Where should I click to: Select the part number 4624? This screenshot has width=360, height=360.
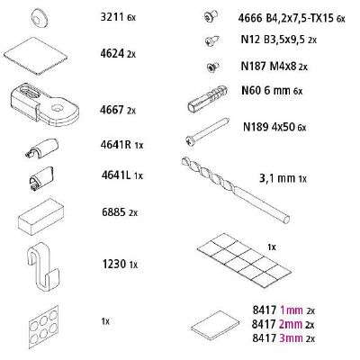112,54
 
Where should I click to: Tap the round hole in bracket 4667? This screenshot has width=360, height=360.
57,107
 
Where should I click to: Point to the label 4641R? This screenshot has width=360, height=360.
116,145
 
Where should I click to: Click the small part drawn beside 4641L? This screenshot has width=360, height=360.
41,177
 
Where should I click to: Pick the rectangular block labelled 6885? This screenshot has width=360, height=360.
40,216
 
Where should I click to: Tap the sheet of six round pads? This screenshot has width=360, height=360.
44,325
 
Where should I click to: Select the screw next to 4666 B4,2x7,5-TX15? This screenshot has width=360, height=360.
211,16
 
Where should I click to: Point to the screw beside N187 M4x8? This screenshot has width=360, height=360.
213,67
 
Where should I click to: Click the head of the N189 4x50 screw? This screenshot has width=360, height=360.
190,140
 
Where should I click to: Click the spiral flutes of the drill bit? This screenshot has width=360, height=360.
209,174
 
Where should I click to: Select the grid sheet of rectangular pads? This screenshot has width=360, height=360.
245,259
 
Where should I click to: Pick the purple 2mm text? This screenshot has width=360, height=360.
291,324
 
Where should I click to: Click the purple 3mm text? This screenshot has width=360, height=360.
291,338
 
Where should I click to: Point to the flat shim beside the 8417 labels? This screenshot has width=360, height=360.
216,326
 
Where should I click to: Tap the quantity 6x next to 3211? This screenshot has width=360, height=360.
131,18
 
